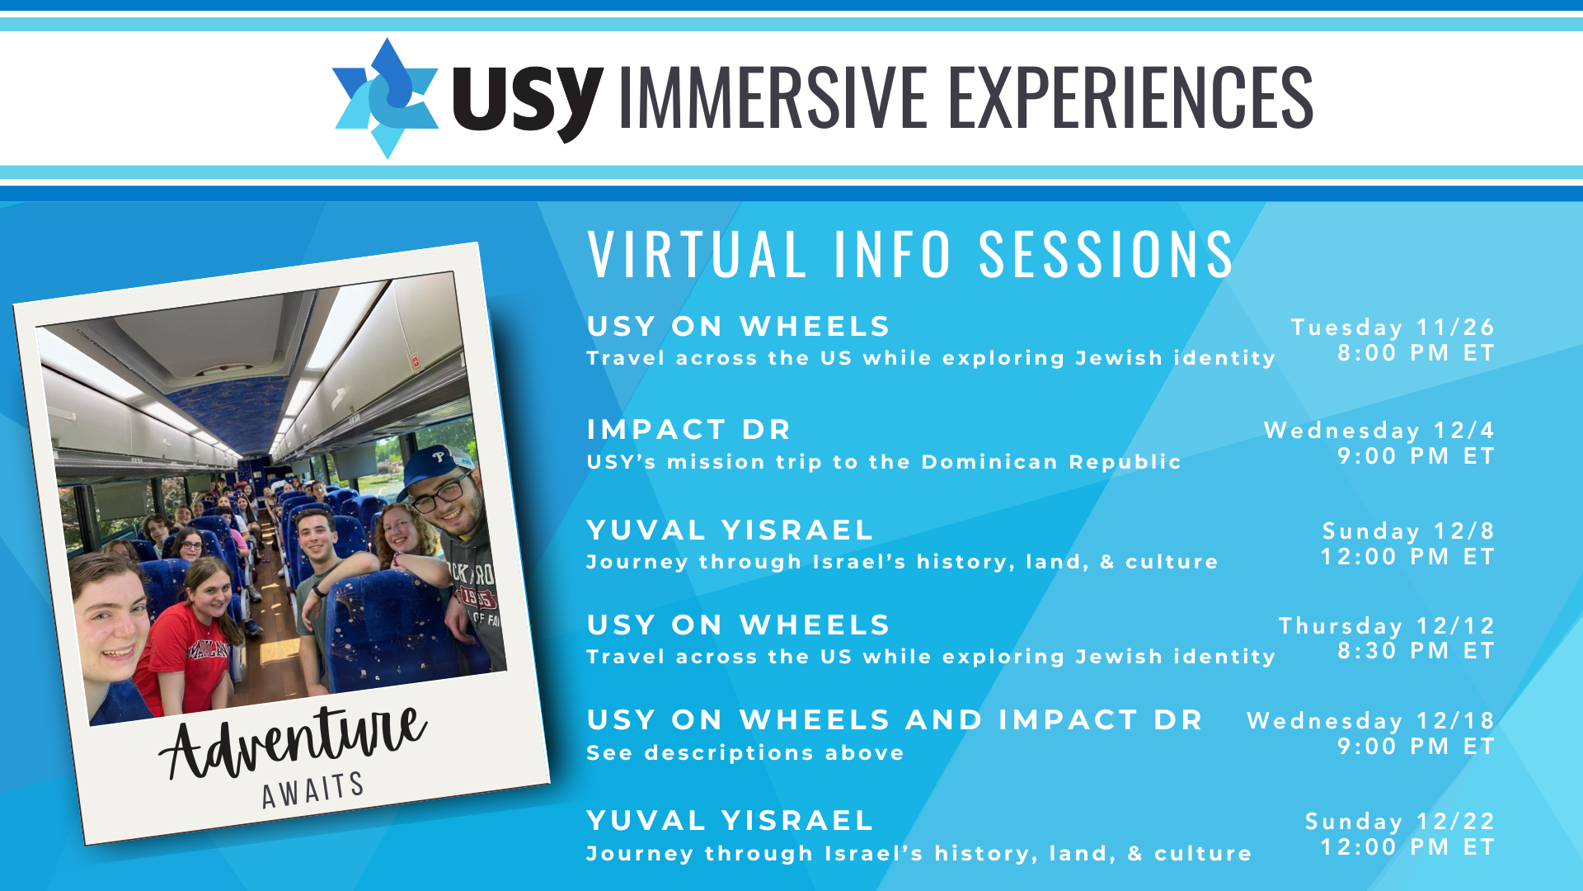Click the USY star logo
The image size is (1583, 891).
click(x=385, y=97)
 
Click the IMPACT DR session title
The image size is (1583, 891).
click(x=688, y=429)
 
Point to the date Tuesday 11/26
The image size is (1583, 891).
click(x=1393, y=327)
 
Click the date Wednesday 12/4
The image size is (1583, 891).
click(x=1379, y=430)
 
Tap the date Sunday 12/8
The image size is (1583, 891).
click(x=1408, y=530)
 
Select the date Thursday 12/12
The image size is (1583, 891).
click(x=1387, y=625)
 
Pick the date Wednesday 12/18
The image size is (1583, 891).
click(x=1370, y=720)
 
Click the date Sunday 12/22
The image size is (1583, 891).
click(x=1400, y=821)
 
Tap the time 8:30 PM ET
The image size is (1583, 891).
click(x=1416, y=651)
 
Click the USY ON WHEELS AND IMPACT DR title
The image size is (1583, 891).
click(x=895, y=719)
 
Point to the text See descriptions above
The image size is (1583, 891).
click(x=745, y=752)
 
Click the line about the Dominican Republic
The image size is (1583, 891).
click(x=884, y=461)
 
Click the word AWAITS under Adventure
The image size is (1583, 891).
click(x=313, y=790)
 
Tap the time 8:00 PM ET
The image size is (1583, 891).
click(x=1416, y=353)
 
